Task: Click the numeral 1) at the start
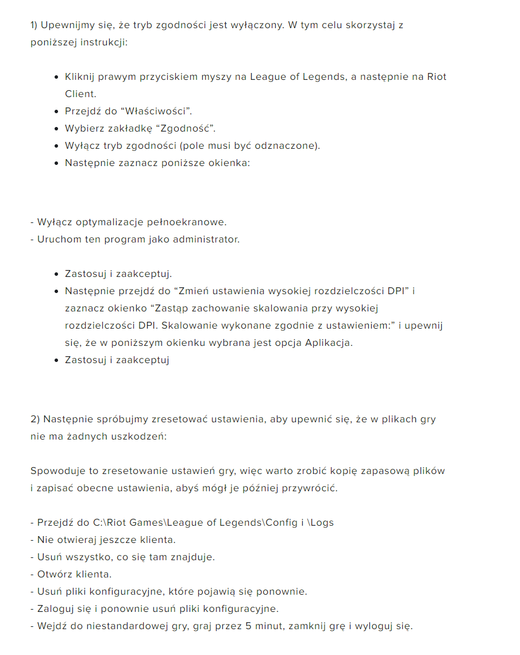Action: pos(34,25)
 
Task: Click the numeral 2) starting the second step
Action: pos(35,419)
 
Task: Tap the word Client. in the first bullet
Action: pos(80,94)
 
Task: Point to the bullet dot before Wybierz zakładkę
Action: pos(56,128)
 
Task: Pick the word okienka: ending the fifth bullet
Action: pos(231,163)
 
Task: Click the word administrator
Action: pos(208,239)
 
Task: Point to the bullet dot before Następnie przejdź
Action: pos(56,291)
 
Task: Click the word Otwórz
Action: pos(55,574)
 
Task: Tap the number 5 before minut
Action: pos(248,626)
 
